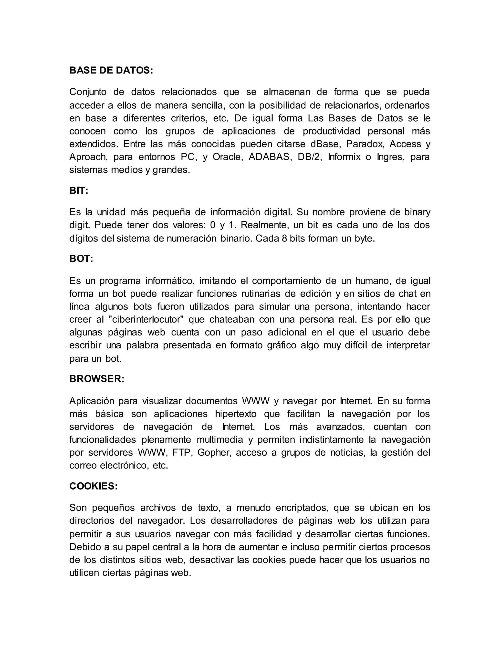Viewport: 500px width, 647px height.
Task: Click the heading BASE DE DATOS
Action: (111, 71)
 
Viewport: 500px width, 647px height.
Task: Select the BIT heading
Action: (79, 190)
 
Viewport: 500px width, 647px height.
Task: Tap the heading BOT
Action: (81, 259)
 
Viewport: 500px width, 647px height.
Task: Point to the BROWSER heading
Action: (97, 379)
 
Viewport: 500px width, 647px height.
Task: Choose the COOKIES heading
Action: (93, 486)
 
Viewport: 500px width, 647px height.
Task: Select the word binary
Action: (417, 212)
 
